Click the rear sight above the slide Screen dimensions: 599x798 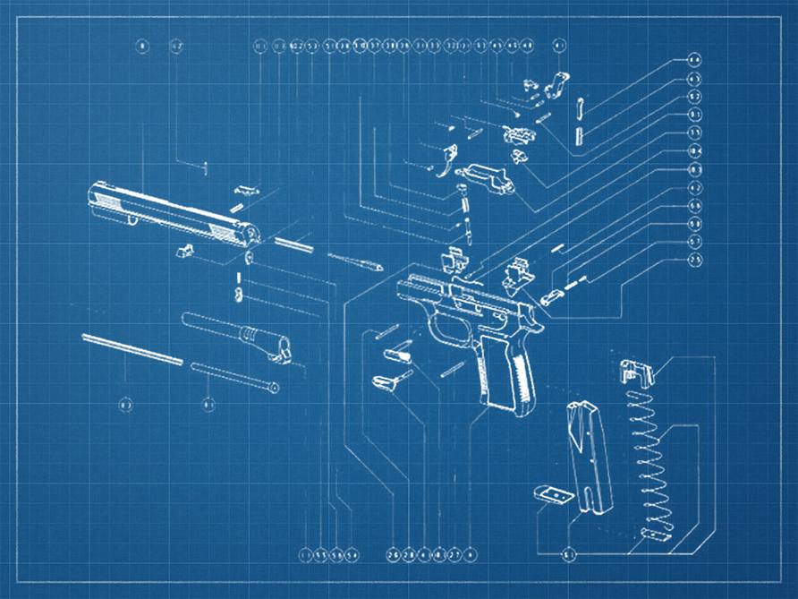coord(247,189)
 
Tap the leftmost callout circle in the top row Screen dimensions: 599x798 coord(140,45)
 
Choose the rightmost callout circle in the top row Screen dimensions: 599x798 coord(560,45)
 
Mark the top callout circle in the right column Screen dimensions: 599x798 coord(694,60)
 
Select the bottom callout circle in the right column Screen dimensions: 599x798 coord(694,259)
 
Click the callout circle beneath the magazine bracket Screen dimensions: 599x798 coord(569,555)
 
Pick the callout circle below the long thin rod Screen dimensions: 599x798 coord(126,405)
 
